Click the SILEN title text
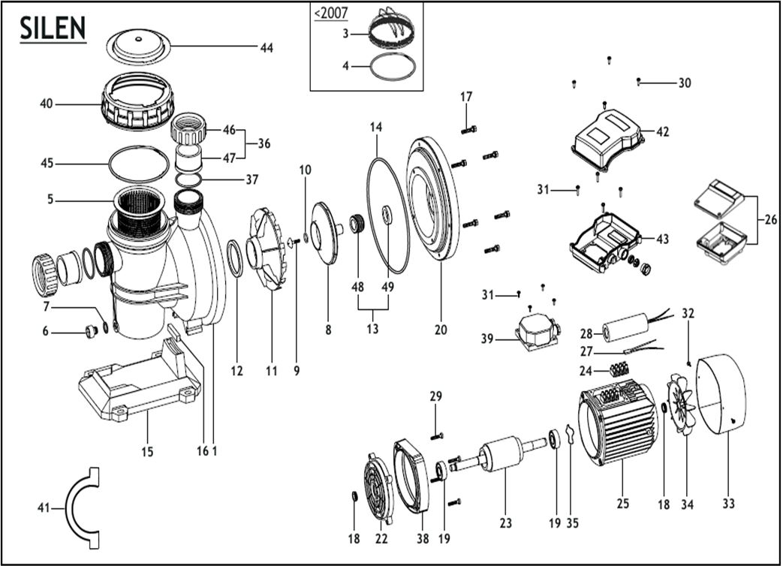53,28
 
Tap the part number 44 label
267,48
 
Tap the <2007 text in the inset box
330,14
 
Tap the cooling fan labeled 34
684,405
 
